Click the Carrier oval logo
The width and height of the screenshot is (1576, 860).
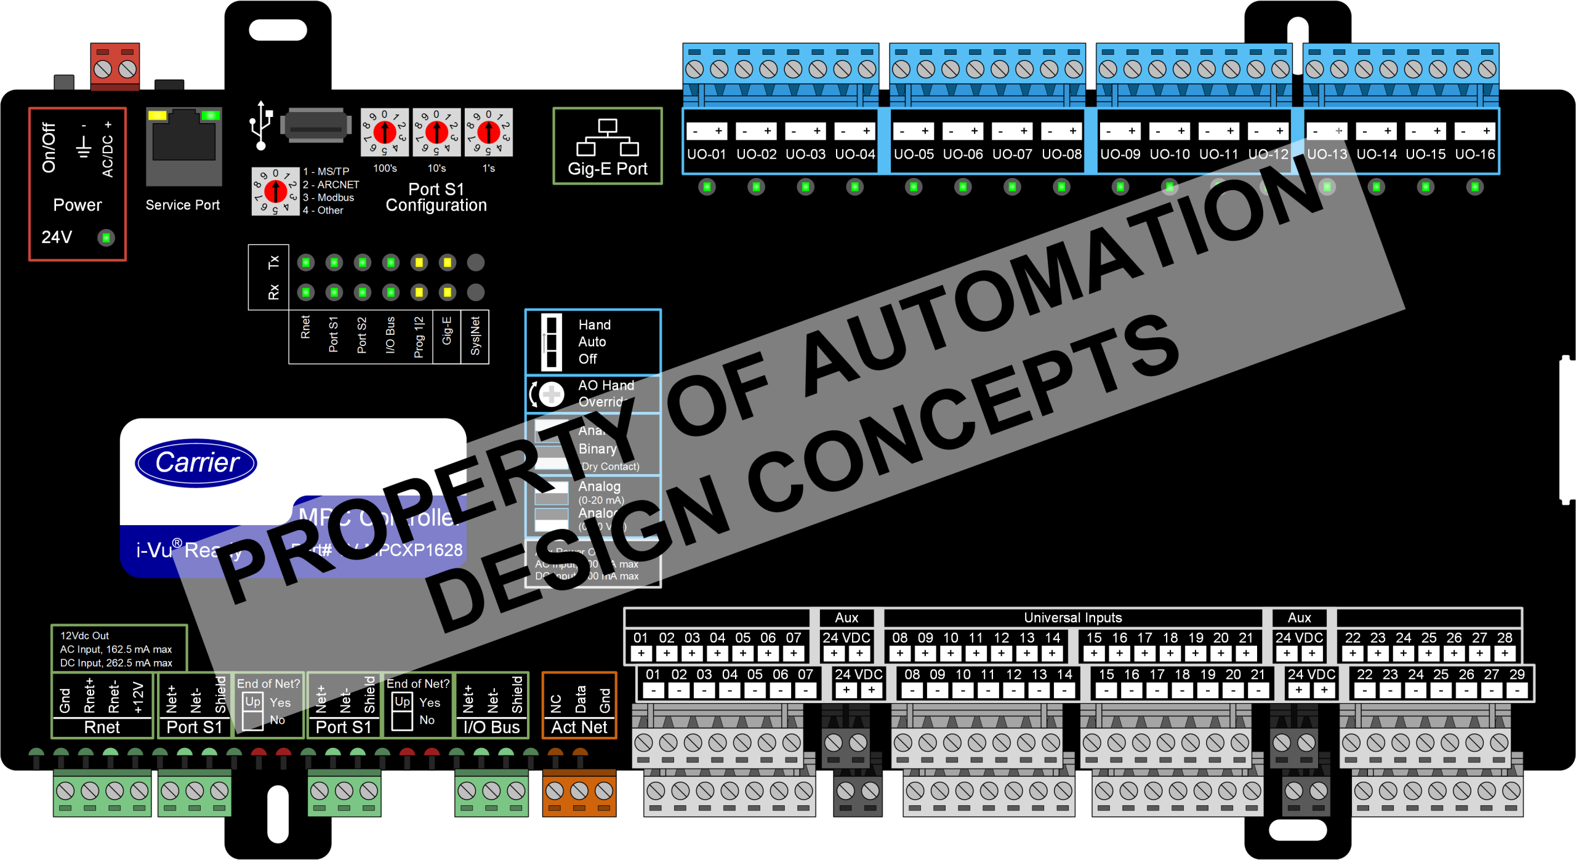[x=196, y=463]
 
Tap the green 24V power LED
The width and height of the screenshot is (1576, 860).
[x=107, y=237]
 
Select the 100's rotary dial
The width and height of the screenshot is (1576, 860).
[x=385, y=132]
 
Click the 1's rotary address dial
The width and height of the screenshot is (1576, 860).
[x=489, y=132]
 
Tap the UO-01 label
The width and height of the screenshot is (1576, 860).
[x=706, y=154]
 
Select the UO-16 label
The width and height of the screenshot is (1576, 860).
[x=1474, y=154]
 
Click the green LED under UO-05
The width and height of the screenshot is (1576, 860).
[x=914, y=187]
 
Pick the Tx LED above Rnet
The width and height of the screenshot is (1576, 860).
[x=306, y=263]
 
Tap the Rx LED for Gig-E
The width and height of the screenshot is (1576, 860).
[x=448, y=292]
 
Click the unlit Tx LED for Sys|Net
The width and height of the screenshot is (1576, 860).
[x=475, y=263]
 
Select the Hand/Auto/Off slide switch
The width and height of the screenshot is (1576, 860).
[x=551, y=342]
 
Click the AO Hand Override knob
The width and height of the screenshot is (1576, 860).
[x=551, y=394]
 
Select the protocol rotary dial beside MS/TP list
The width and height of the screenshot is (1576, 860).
[x=275, y=191]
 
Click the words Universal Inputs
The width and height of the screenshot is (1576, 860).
[x=1072, y=617]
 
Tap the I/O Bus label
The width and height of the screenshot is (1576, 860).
[x=491, y=727]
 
